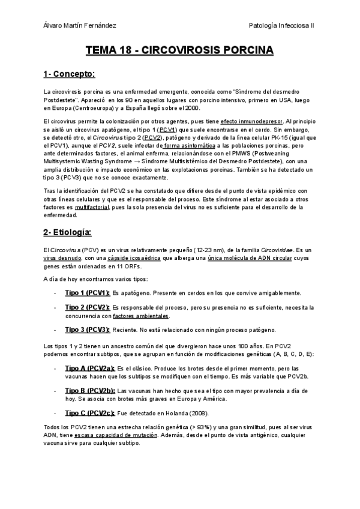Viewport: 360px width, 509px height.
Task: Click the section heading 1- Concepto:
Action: tap(70, 74)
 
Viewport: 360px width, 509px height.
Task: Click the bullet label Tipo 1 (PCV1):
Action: tap(87, 293)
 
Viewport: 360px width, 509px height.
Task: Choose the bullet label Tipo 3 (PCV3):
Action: tap(87, 330)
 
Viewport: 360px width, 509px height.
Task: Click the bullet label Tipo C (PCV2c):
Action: tap(89, 413)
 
